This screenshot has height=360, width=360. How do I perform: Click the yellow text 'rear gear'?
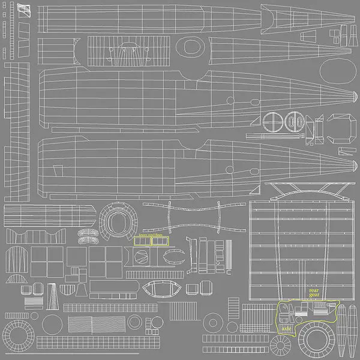(314, 292)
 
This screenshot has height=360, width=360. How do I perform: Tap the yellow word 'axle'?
(286, 328)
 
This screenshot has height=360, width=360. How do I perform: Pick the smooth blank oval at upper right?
(337, 72)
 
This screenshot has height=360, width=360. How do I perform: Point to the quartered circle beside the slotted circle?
(272, 122)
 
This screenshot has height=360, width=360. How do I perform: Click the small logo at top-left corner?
(23, 10)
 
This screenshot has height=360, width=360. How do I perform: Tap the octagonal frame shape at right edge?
(344, 127)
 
